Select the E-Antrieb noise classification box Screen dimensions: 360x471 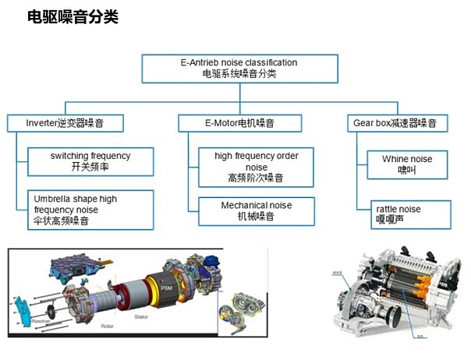(x=239, y=68)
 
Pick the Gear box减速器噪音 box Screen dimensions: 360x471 (x=400, y=122)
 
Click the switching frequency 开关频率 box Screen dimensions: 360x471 (x=90, y=161)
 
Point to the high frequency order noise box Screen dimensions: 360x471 (x=256, y=167)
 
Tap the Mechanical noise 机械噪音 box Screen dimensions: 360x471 (x=256, y=210)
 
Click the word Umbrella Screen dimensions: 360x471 (x=54, y=199)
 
